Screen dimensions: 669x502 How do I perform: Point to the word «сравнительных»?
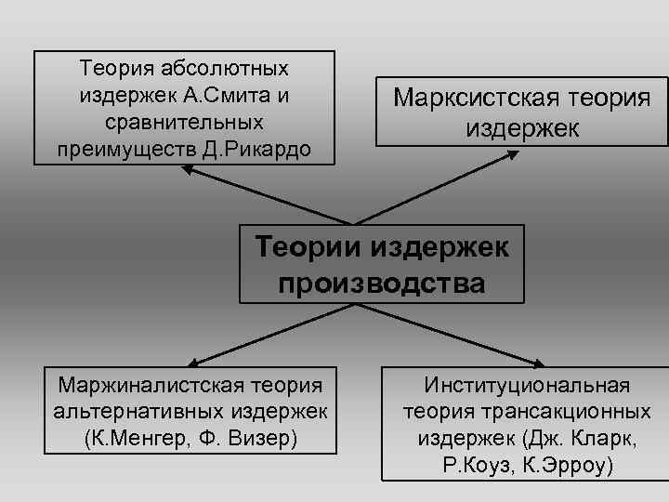point(184,122)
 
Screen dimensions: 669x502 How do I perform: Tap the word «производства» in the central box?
point(382,283)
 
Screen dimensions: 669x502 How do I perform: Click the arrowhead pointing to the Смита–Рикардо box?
point(185,170)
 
